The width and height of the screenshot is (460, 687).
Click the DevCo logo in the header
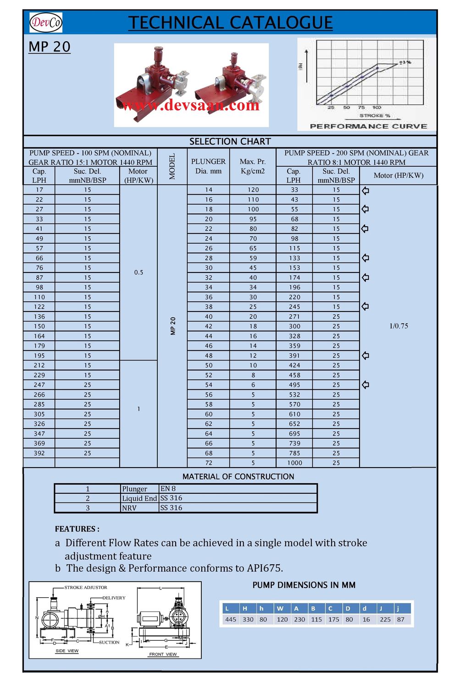coord(45,22)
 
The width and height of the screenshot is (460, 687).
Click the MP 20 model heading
coord(50,47)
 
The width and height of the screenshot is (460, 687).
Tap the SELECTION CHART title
coord(230,142)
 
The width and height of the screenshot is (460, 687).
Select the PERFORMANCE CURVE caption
coord(368,126)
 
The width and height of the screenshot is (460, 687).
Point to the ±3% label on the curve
coord(405,62)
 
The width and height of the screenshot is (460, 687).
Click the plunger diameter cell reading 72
coord(209,463)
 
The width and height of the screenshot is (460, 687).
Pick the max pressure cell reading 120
coord(253,190)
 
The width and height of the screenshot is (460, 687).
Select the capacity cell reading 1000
coord(294,463)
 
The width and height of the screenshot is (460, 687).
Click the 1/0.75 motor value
coord(399,326)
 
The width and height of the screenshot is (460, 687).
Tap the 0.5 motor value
coord(139,273)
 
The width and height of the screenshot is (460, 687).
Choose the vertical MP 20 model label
coord(173,326)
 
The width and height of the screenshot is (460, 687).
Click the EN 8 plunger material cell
coord(168,489)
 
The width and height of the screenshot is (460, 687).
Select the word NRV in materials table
coord(129,508)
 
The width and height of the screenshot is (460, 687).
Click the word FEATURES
coord(77,529)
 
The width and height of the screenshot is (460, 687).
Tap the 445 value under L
coord(231,619)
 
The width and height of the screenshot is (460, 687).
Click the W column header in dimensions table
coord(280,609)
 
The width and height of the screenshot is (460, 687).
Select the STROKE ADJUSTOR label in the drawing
coord(86,588)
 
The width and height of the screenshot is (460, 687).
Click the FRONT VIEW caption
coord(163,654)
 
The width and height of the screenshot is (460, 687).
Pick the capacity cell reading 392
coord(39,453)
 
